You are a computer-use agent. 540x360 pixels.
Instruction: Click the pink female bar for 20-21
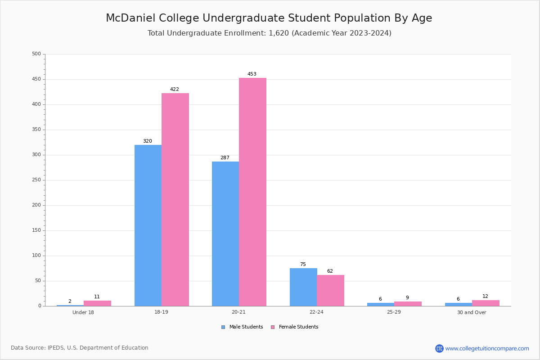coord(252,192)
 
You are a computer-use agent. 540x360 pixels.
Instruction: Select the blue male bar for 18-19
coord(148,225)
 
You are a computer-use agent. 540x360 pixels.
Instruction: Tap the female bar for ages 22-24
coord(330,291)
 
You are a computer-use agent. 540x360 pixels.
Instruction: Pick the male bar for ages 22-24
coord(303,287)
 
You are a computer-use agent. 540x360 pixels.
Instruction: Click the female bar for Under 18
coord(97,303)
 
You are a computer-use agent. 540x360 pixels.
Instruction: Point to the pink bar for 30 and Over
coord(486,303)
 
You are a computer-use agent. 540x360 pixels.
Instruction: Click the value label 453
coord(252,74)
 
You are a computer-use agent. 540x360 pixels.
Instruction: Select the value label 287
coord(225,157)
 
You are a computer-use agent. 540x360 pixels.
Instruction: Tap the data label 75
coord(303,264)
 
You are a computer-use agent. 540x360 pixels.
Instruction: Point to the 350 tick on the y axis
coord(36,130)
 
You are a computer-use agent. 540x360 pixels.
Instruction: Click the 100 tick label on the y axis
coord(36,255)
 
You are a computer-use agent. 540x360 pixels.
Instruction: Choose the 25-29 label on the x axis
coord(394,312)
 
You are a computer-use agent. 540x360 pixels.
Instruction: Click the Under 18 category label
coord(83,312)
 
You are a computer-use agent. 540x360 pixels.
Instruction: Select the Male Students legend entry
coord(242,327)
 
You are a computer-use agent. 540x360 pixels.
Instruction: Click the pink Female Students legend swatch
coord(273,327)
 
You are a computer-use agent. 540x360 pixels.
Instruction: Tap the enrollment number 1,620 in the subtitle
coord(279,33)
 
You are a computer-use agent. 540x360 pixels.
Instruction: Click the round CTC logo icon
coord(439,348)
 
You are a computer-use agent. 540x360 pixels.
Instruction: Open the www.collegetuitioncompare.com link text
coord(487,348)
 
